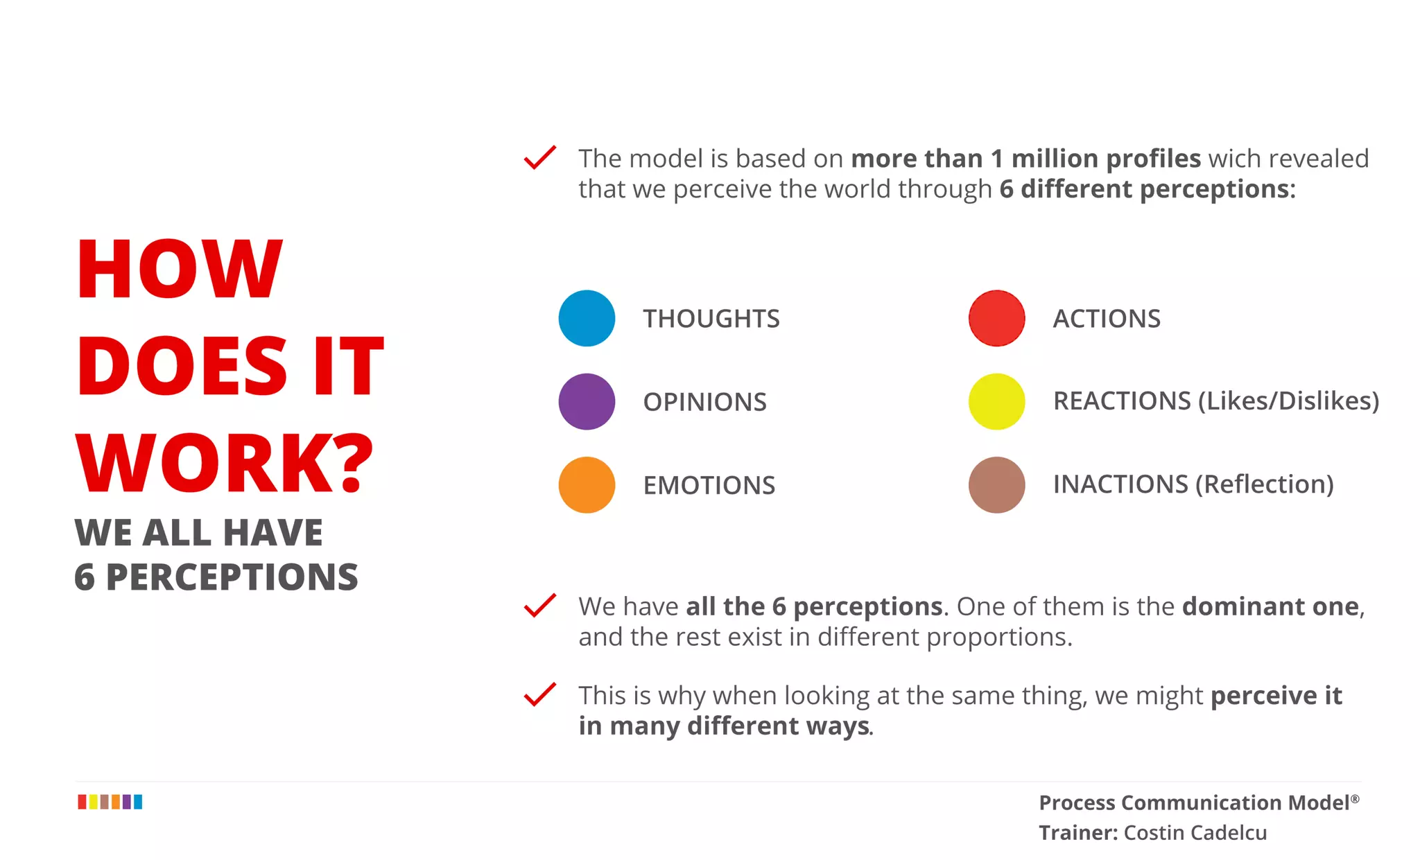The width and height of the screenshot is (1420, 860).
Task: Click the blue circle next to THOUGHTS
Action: tap(587, 318)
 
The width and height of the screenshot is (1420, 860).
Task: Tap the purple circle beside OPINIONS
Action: tap(587, 401)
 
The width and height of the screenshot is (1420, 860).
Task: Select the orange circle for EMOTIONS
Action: tap(587, 484)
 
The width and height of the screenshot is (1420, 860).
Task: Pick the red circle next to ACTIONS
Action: tap(996, 318)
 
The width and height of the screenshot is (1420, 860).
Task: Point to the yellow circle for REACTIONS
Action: tap(996, 401)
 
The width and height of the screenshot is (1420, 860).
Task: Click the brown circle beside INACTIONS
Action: tap(996, 484)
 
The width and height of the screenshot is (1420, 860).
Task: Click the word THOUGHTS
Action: tap(711, 319)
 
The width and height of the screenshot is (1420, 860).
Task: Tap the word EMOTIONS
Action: tap(709, 485)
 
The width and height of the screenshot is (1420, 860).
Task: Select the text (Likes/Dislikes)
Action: tap(1288, 401)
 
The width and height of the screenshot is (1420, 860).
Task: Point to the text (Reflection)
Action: tap(1265, 484)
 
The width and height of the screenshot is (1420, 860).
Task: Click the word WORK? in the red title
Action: tap(224, 463)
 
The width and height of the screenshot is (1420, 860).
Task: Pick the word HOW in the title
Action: tap(179, 269)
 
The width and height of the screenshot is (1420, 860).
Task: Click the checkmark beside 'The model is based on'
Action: tap(539, 157)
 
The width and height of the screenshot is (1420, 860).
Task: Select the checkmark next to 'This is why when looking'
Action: tap(539, 694)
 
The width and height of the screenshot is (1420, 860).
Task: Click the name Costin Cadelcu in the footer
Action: tap(1195, 832)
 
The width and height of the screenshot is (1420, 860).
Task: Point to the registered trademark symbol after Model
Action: tap(1355, 799)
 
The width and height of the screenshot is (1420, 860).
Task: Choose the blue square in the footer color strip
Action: tap(138, 802)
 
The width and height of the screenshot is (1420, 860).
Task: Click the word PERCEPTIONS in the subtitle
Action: tap(232, 577)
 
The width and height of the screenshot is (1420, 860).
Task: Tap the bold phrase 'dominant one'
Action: tap(1270, 606)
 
